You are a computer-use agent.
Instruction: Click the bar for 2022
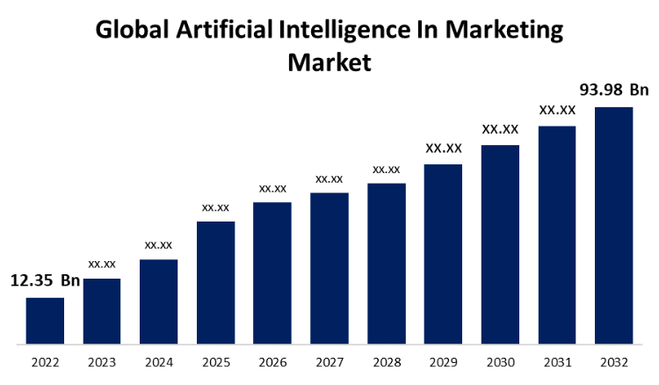[x=45, y=320]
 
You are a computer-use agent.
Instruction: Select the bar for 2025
[x=215, y=282]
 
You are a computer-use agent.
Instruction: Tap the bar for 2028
[x=386, y=263]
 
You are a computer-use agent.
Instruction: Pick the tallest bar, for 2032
[x=613, y=225]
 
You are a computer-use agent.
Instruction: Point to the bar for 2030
[x=500, y=243]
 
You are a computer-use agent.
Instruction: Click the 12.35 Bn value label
[x=45, y=281]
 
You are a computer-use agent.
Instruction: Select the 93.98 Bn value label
[x=614, y=90]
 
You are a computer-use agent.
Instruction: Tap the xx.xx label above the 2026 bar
[x=272, y=188]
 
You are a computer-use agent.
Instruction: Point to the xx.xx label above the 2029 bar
[x=444, y=149]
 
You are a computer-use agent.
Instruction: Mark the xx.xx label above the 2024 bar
[x=158, y=244]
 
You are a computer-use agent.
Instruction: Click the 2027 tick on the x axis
[x=329, y=361]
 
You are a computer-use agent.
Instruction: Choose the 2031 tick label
[x=557, y=361]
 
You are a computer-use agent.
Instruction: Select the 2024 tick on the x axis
[x=158, y=361]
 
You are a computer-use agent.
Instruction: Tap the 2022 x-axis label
[x=45, y=361]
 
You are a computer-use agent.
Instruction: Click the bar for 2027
[x=329, y=267]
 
